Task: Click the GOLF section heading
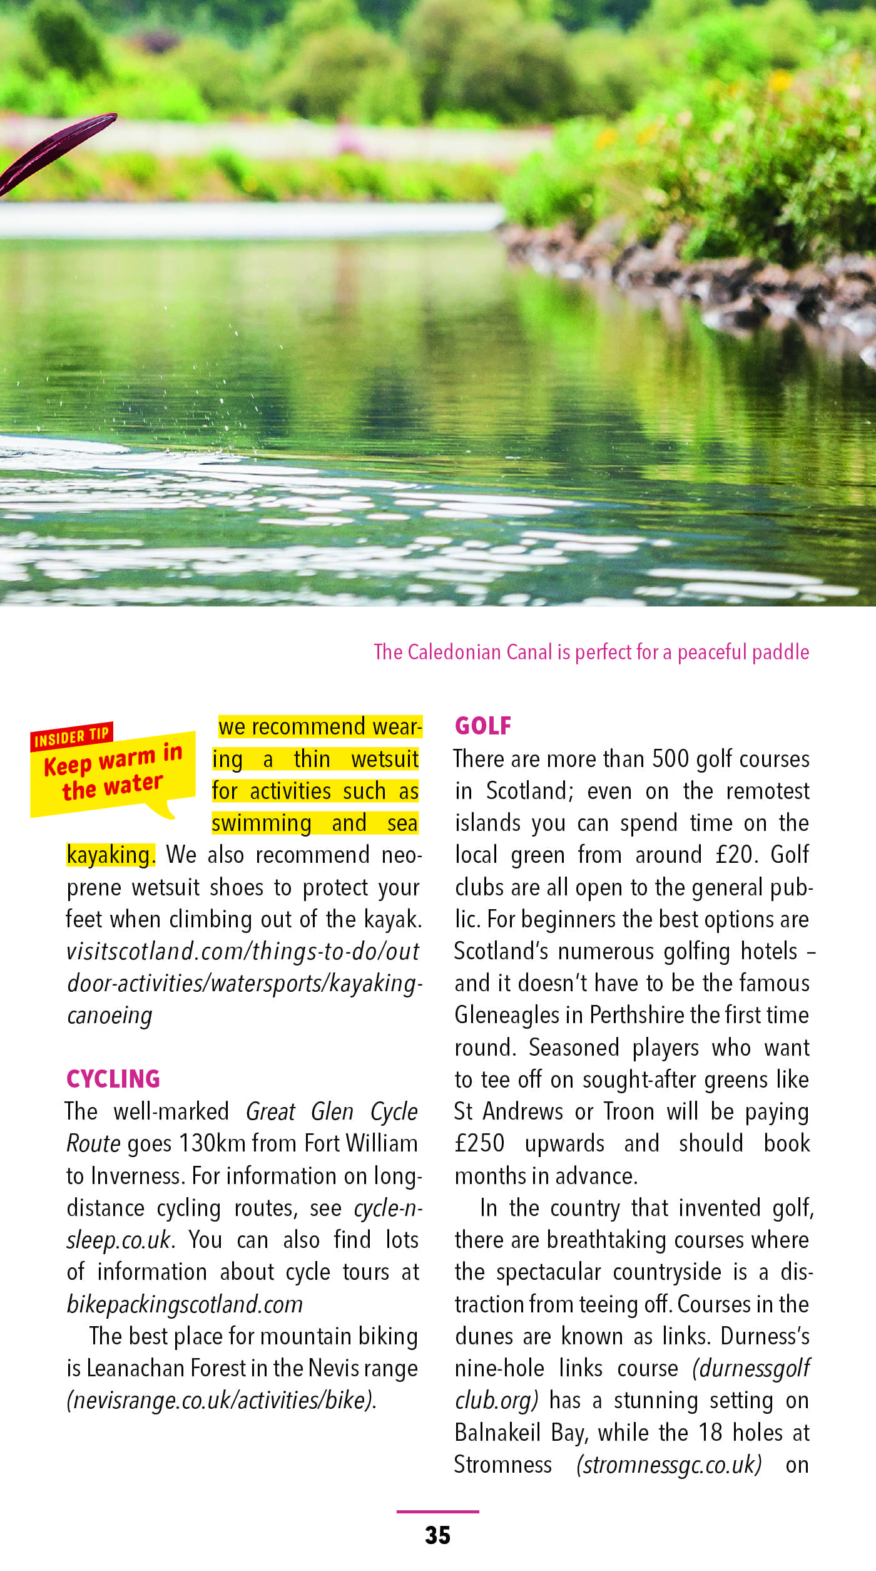pyautogui.click(x=482, y=726)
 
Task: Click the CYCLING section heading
pyautogui.click(x=113, y=1079)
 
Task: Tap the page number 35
pyautogui.click(x=437, y=1535)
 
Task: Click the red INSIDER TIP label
pyautogui.click(x=71, y=737)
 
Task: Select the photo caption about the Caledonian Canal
pyautogui.click(x=591, y=652)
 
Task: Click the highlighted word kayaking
pyautogui.click(x=109, y=855)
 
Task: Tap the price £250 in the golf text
pyautogui.click(x=479, y=1143)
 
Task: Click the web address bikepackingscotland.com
pyautogui.click(x=185, y=1304)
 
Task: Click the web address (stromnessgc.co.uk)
pyautogui.click(x=669, y=1465)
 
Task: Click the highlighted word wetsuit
pyautogui.click(x=385, y=760)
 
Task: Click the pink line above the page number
pyautogui.click(x=437, y=1512)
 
